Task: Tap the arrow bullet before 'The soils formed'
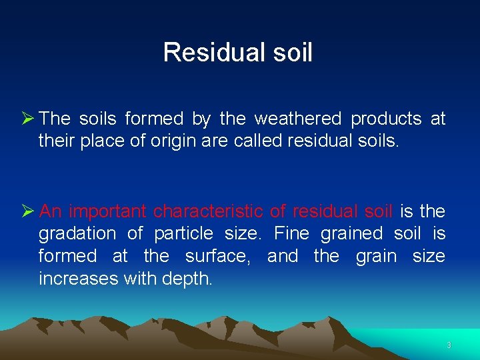coord(28,119)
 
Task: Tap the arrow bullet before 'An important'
coord(28,211)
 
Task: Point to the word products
coord(386,119)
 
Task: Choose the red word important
coord(108,211)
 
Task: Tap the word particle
coord(183,233)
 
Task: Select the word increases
coord(78,279)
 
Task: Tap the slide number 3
coord(449,345)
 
